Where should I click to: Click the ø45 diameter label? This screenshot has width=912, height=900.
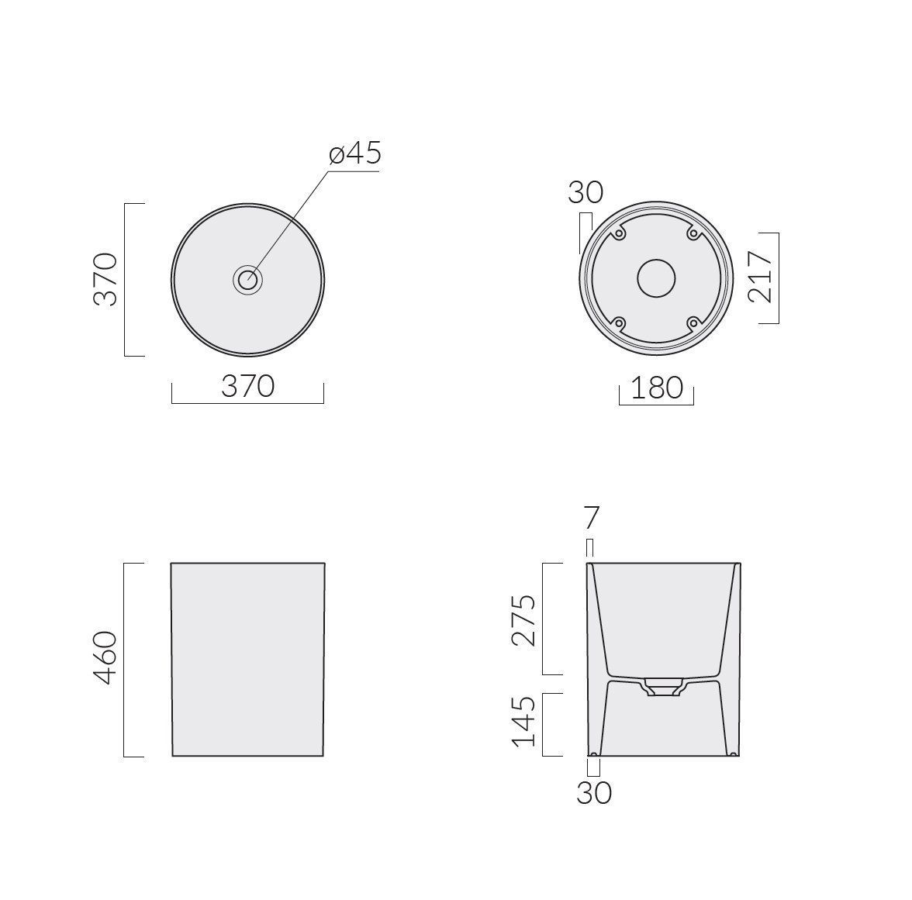click(355, 153)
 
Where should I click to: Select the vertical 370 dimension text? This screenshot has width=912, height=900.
click(105, 279)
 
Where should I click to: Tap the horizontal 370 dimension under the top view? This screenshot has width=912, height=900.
click(248, 386)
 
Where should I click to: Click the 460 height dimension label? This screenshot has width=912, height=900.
click(105, 657)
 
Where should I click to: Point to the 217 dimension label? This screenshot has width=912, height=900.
click(760, 277)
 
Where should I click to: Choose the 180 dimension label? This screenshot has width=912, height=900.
click(657, 388)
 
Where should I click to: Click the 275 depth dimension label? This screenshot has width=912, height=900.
click(523, 620)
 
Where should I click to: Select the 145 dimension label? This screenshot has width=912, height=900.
click(523, 722)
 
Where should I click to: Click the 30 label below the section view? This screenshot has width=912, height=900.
click(594, 792)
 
